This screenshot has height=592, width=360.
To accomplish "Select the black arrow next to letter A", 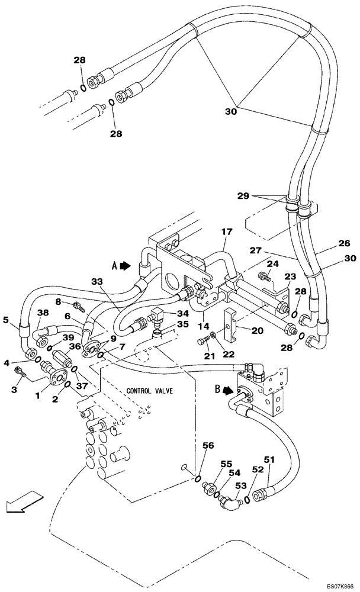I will (x=126, y=266).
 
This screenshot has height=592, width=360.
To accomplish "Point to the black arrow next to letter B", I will (x=228, y=391).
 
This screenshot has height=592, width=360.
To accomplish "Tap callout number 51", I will (x=269, y=459).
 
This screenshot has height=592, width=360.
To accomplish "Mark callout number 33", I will (x=98, y=281).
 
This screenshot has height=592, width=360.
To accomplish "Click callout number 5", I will (x=7, y=321).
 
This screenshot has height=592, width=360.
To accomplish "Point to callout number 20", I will (x=258, y=331).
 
